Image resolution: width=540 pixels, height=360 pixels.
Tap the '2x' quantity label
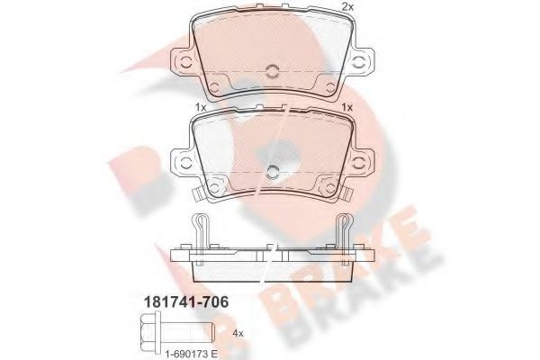346,8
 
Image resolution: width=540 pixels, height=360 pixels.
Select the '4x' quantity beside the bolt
238,334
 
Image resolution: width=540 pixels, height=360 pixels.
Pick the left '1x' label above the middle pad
201,108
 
